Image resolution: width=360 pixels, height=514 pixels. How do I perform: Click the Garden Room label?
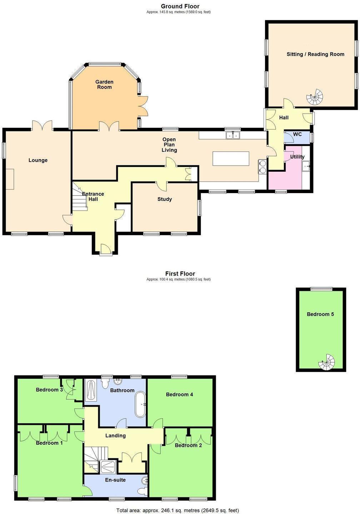(x=104, y=85)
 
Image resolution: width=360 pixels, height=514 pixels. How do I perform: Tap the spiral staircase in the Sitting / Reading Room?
(x=315, y=97)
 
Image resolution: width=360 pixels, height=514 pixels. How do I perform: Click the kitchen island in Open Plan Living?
(x=231, y=158)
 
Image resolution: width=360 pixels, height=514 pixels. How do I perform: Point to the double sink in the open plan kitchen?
(x=233, y=135)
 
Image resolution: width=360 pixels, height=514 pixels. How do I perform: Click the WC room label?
(x=297, y=134)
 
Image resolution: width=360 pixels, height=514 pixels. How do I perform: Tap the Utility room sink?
(x=306, y=166)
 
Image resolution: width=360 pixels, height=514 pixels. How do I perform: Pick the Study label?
(x=165, y=199)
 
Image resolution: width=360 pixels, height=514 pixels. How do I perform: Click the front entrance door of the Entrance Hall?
(x=106, y=250)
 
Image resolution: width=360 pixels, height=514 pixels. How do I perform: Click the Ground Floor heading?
(x=180, y=6)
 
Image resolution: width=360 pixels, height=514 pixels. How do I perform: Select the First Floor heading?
(x=180, y=273)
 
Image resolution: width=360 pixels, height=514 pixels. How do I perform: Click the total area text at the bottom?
(x=178, y=510)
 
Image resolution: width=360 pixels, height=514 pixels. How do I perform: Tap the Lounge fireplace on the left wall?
(x=10, y=179)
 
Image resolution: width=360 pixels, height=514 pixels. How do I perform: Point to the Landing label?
(x=115, y=435)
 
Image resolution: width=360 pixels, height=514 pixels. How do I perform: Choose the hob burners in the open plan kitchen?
(x=262, y=167)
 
